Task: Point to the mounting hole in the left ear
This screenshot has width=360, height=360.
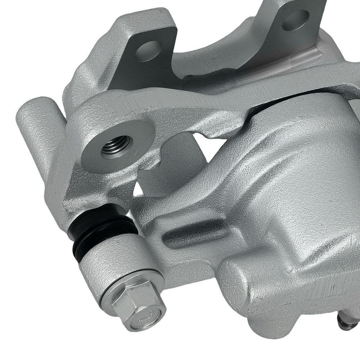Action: (x=148, y=51)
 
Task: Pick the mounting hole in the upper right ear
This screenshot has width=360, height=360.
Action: (x=295, y=20)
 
